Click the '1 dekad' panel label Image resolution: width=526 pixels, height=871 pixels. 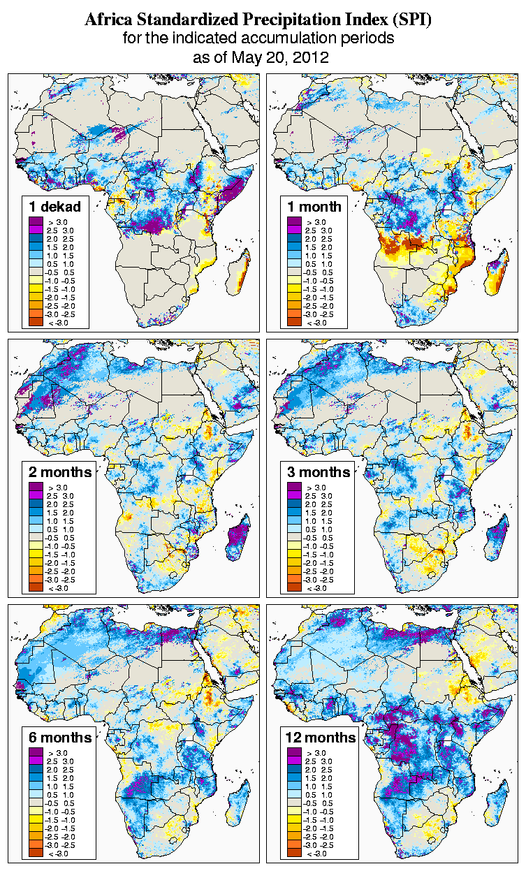click(55, 206)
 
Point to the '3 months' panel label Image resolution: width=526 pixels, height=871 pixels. click(319, 472)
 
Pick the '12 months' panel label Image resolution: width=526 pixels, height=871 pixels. click(321, 738)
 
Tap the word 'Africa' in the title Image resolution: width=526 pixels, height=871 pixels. click(105, 20)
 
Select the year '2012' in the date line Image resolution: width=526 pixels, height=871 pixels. click(311, 57)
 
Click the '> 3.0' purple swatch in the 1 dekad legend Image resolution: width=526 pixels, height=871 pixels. click(36, 222)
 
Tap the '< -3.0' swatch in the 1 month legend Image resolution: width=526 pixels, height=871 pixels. click(294, 322)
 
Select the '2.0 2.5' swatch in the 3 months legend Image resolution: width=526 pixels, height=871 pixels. click(294, 504)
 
